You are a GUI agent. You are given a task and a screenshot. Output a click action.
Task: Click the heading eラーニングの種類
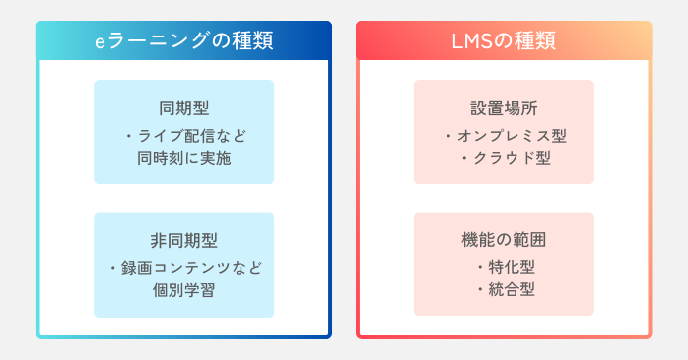(x=183, y=41)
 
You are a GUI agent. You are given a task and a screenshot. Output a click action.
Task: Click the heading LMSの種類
(x=503, y=41)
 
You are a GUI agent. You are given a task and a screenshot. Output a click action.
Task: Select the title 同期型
(x=183, y=108)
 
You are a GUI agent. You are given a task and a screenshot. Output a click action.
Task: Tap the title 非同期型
(x=183, y=241)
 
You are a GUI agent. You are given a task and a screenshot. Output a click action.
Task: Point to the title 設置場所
(x=504, y=108)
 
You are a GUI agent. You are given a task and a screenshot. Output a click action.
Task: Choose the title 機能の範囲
(x=504, y=241)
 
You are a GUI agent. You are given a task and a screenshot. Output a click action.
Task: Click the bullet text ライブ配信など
(x=189, y=135)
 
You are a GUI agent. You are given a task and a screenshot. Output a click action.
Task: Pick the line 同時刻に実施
(x=183, y=156)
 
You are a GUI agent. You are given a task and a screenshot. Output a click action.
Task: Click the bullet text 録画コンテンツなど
(x=189, y=267)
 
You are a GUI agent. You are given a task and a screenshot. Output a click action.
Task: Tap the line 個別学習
(x=183, y=289)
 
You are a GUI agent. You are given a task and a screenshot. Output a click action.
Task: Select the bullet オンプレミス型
(x=511, y=135)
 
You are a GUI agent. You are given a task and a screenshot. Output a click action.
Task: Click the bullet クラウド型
(x=511, y=156)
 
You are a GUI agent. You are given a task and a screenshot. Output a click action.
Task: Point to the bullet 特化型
(x=511, y=267)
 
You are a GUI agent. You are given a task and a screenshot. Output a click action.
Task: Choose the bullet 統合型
(x=511, y=289)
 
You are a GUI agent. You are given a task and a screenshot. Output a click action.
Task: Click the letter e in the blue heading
(x=100, y=42)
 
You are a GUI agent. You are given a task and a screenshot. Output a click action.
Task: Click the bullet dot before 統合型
(x=479, y=289)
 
